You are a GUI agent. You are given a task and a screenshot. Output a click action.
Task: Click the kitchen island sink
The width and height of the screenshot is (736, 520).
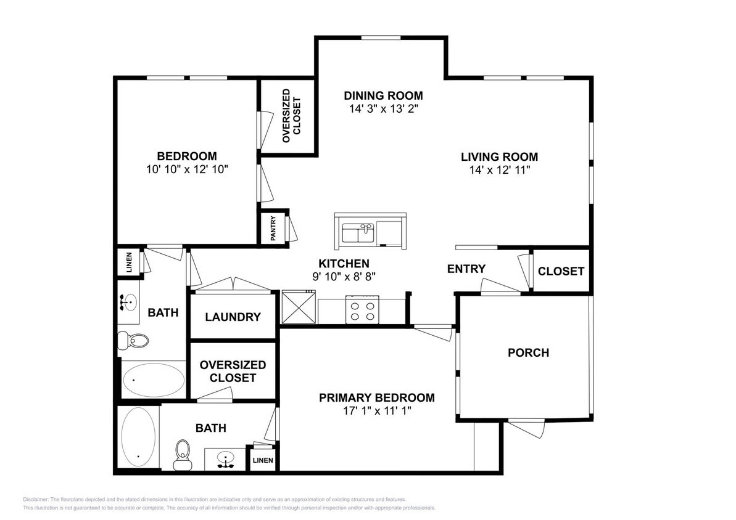[x=359, y=234]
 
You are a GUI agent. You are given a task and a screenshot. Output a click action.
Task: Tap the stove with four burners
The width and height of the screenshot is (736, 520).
[x=362, y=309]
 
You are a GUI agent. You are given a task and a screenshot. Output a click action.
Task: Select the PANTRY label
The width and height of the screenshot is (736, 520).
[x=273, y=229]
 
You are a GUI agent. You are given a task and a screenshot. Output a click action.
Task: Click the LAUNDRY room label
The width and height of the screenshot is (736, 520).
[x=233, y=317]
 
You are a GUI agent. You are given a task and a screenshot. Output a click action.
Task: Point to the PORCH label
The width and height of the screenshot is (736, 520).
[x=528, y=352]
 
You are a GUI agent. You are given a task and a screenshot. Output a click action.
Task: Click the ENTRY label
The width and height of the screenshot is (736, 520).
[x=466, y=269]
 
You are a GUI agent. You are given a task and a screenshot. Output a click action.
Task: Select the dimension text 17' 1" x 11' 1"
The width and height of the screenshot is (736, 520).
[x=376, y=410]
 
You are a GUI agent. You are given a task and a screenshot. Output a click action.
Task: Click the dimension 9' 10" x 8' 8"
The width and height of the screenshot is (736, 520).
[x=344, y=277]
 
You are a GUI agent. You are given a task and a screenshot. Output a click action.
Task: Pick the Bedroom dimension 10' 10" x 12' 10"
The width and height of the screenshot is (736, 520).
[x=186, y=169]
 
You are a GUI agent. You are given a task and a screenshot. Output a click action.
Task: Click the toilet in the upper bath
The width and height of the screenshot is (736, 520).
[x=134, y=339]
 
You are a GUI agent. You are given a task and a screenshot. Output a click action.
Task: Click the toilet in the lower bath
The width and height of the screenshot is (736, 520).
[x=182, y=455]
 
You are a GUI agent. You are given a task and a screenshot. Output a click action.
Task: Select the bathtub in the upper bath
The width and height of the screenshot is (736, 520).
[x=152, y=380]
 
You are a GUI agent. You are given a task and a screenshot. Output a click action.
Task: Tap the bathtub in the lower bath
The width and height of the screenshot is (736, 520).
[x=138, y=438]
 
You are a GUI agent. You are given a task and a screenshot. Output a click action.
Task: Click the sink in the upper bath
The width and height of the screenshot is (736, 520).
[x=128, y=303]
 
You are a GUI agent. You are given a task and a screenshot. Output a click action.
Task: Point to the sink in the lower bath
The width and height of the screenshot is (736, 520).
[x=226, y=460]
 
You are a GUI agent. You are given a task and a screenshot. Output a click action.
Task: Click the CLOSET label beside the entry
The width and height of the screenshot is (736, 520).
[x=561, y=271]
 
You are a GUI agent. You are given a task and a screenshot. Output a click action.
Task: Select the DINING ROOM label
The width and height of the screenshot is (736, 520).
[x=383, y=95]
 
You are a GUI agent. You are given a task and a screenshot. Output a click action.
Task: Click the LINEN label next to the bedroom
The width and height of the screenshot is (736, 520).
[x=129, y=262]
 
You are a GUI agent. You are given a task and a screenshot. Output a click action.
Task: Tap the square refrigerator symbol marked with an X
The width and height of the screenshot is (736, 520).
[x=299, y=307]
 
